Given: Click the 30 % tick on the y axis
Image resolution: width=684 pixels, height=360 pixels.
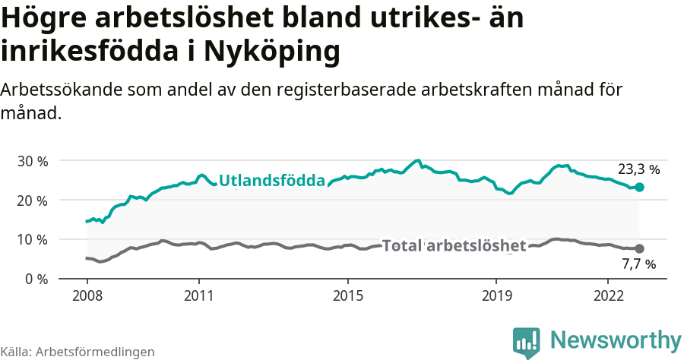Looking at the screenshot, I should pyautogui.click(x=32, y=161).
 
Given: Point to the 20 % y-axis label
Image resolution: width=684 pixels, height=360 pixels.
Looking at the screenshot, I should pyautogui.click(x=32, y=201).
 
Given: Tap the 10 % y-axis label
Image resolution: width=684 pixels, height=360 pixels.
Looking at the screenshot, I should pyautogui.click(x=32, y=239).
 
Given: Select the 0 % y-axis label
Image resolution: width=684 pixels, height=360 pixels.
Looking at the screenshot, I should pyautogui.click(x=36, y=279).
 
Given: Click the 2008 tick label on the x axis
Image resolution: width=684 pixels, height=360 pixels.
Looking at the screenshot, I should pyautogui.click(x=87, y=294).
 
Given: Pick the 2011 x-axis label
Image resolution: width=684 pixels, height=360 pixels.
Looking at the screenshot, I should pyautogui.click(x=198, y=294).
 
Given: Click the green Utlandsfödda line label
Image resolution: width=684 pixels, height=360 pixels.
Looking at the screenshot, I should pyautogui.click(x=272, y=181).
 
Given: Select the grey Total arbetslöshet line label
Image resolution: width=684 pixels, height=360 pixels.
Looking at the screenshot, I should pyautogui.click(x=454, y=245).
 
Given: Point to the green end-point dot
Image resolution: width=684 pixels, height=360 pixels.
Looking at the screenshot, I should pyautogui.click(x=639, y=187).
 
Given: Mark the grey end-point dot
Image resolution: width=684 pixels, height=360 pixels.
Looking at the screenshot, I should pyautogui.click(x=639, y=248).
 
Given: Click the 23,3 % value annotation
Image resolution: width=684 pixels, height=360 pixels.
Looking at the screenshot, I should pyautogui.click(x=638, y=169).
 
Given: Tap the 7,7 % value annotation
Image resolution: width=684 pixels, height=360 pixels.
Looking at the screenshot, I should pyautogui.click(x=638, y=265).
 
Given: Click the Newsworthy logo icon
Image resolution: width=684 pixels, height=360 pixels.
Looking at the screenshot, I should pyautogui.click(x=526, y=342).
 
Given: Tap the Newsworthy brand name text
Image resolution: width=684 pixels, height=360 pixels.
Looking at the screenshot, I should pyautogui.click(x=616, y=339).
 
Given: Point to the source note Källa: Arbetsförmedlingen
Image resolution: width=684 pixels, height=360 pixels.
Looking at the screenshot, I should pyautogui.click(x=78, y=352).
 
